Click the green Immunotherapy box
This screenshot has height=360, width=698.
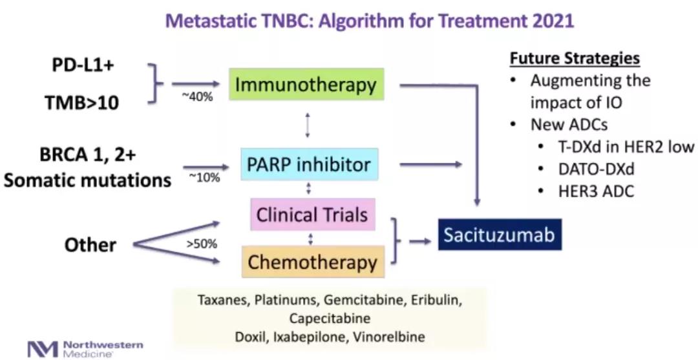tap(306, 84)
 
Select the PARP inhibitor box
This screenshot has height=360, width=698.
tap(309, 165)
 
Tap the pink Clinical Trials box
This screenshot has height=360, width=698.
tap(312, 215)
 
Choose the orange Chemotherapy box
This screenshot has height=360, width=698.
tap(312, 262)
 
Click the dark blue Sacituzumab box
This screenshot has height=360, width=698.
tap(500, 235)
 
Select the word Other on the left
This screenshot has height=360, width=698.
tap(90, 245)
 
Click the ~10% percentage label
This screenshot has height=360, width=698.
tap(204, 177)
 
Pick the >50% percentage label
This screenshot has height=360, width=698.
tap(202, 244)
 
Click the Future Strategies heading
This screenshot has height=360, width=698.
tap(575, 58)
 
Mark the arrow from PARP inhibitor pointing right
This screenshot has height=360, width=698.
tap(430, 165)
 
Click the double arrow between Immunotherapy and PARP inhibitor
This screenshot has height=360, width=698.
tap(308, 125)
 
